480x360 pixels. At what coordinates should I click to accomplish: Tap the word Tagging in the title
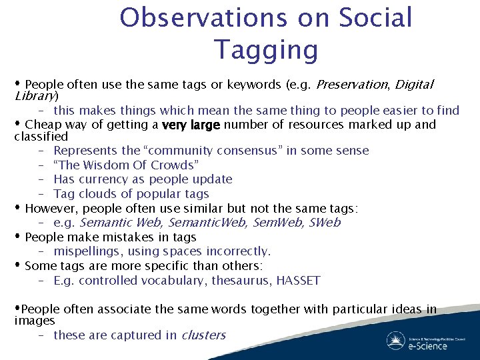pos(266,49)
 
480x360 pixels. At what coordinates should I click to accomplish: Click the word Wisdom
pos(101,165)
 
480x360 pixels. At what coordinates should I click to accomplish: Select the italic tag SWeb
pos(325,223)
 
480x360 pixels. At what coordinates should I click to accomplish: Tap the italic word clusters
pos(203,335)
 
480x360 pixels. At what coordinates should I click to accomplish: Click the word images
pos(35,321)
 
